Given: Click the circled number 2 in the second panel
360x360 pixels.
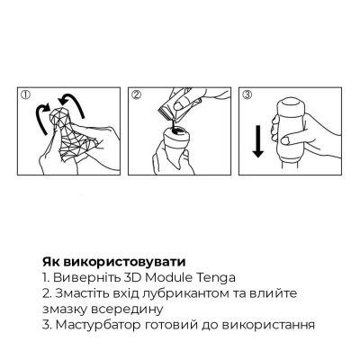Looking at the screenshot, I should click(135, 93).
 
